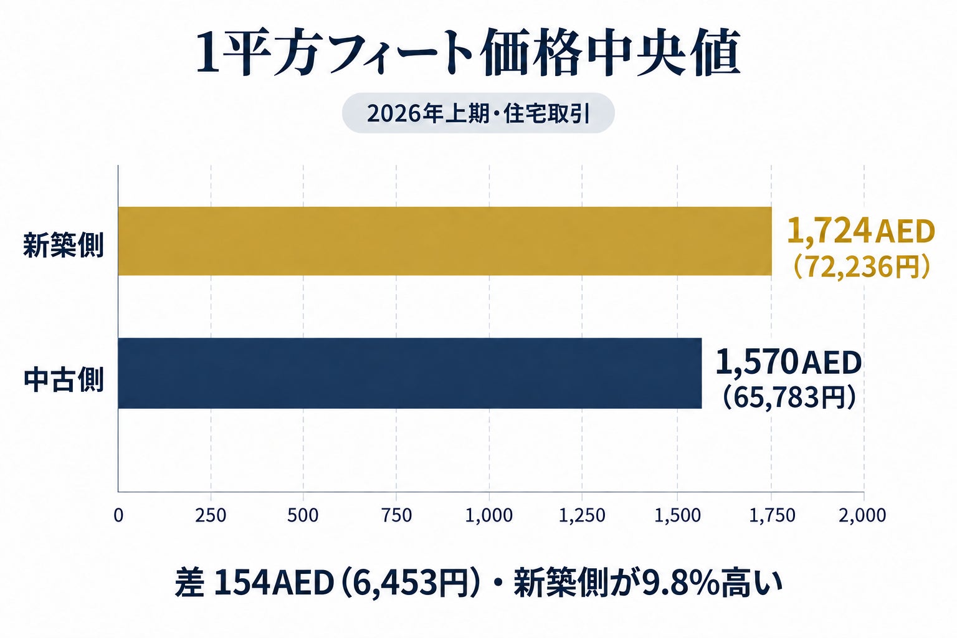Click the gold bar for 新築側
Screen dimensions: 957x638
(445, 241)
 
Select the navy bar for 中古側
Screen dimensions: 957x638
(410, 373)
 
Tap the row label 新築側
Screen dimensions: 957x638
(63, 245)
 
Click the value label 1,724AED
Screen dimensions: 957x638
(860, 231)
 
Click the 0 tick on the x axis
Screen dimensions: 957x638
(118, 515)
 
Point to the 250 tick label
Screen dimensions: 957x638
(211, 515)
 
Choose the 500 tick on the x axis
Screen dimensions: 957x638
(303, 515)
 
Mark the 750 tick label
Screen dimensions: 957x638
(396, 515)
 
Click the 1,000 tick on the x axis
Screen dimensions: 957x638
(488, 515)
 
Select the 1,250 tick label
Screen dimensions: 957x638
(582, 515)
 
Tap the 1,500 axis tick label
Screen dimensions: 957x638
(678, 515)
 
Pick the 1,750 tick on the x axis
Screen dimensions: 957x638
(772, 515)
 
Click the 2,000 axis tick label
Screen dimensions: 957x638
(862, 515)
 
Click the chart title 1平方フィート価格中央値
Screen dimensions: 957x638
(468, 54)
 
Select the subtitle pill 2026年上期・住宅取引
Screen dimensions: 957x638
(478, 113)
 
